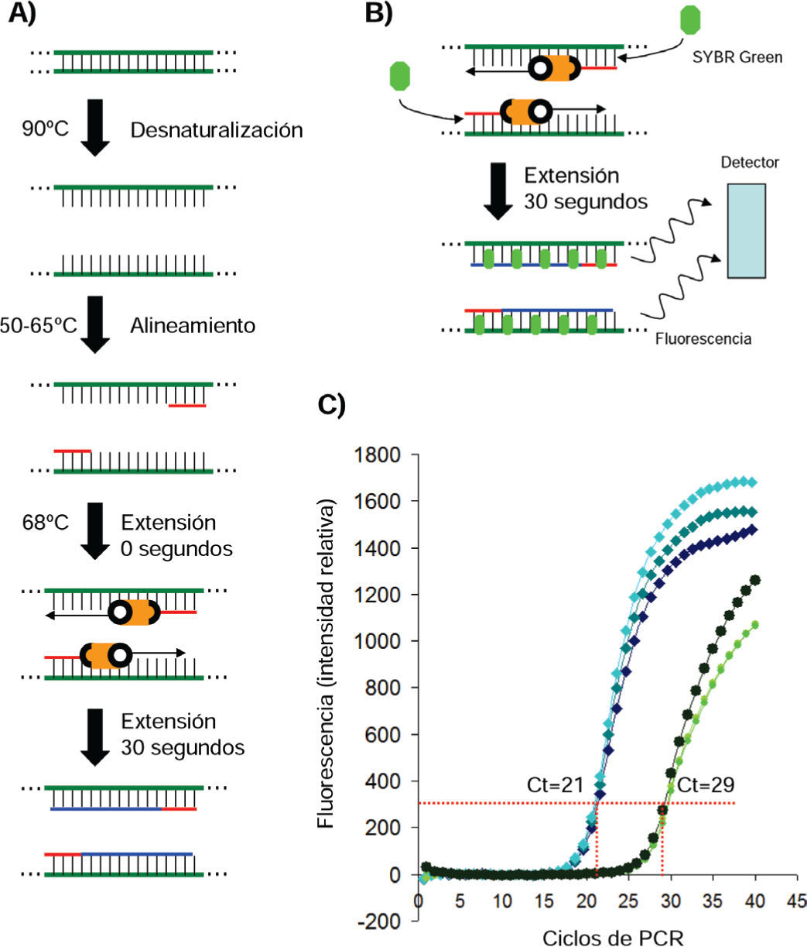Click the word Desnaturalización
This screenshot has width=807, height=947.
(x=216, y=130)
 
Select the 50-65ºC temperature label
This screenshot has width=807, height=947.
(x=39, y=325)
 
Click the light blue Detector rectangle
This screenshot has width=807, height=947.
(x=746, y=230)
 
